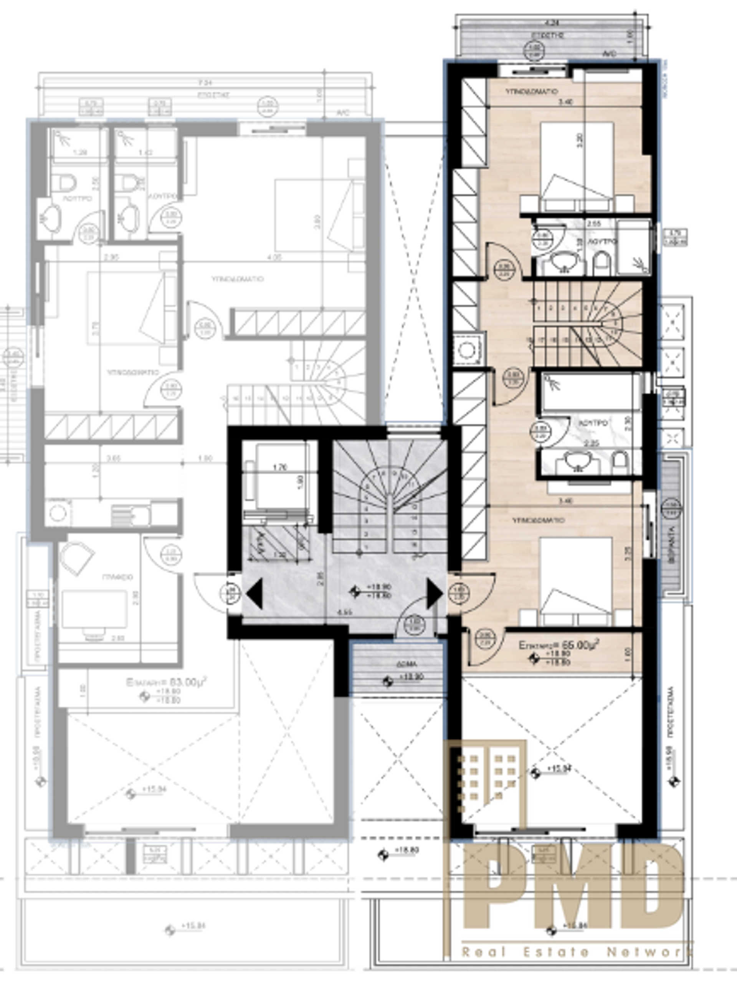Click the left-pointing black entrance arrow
(x=254, y=593)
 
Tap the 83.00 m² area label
(x=167, y=683)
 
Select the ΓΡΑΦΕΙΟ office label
(x=117, y=577)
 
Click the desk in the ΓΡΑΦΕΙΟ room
(x=94, y=609)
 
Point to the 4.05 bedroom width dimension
(x=275, y=257)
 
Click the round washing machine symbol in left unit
(x=58, y=513)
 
